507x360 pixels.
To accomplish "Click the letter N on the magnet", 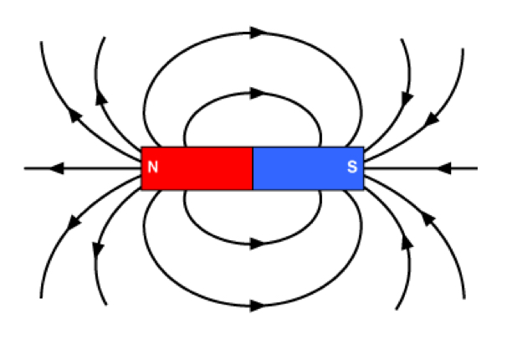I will [x=152, y=168].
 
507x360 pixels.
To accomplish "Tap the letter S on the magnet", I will [x=352, y=168].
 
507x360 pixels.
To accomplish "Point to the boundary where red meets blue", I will [x=253, y=168].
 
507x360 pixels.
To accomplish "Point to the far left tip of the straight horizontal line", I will [x=26, y=168].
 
